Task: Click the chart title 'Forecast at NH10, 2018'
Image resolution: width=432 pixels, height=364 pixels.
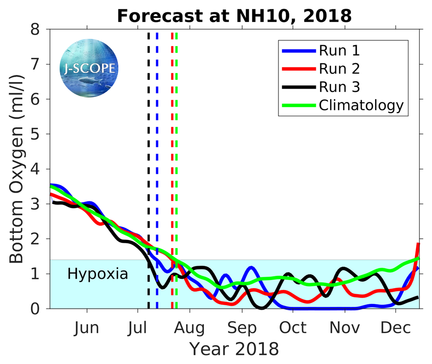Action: point(234,16)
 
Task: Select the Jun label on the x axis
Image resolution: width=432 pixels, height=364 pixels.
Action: point(86,328)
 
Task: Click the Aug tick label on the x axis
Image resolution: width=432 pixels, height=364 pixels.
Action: point(189,328)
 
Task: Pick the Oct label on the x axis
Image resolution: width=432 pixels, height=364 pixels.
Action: point(293,328)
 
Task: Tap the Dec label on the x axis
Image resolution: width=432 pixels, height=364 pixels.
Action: point(396,328)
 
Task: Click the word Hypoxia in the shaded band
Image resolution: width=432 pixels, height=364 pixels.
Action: point(98,274)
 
